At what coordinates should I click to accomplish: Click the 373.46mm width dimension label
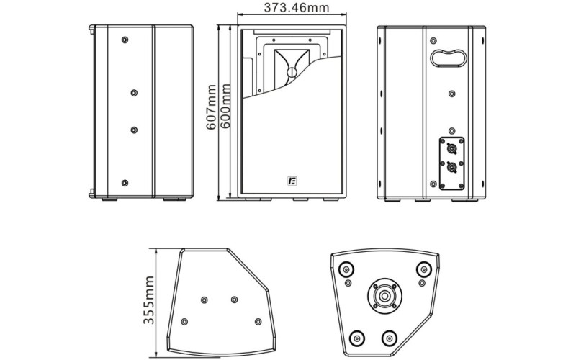click(291, 9)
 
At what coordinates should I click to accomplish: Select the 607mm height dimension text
click(211, 107)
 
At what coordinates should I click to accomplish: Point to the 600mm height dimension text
click(225, 107)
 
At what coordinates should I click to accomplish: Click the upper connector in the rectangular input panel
click(451, 149)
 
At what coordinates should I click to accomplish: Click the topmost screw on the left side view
click(125, 38)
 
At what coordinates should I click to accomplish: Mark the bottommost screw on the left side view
click(125, 183)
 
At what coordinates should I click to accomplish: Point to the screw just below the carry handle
click(451, 93)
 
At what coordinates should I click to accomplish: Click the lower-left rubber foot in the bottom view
click(357, 337)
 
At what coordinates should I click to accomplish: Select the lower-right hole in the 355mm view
click(258, 321)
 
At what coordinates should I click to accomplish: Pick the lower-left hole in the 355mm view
click(185, 321)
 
